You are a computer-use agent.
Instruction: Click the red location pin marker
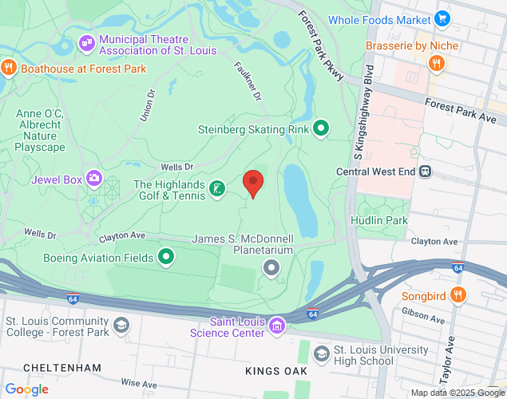tap(253, 184)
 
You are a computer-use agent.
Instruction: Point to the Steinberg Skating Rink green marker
tap(321, 128)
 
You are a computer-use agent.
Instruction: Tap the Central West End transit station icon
tap(426, 170)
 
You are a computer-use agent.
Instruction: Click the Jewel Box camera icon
tap(94, 178)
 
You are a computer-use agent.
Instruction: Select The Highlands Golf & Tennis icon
tap(216, 189)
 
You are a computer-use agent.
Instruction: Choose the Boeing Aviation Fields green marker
tap(166, 256)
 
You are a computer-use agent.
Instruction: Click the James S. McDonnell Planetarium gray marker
tap(272, 268)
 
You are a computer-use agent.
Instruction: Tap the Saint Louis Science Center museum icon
tap(276, 325)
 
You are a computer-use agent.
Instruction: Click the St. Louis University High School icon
tap(321, 354)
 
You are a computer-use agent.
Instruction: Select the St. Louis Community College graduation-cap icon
tap(121, 325)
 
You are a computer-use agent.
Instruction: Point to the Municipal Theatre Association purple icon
tap(86, 42)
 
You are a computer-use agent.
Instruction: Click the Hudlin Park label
tap(379, 220)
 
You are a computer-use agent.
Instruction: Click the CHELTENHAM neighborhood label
tap(62, 367)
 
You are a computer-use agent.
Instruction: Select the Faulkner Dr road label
tap(248, 82)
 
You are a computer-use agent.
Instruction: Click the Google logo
tap(26, 389)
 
